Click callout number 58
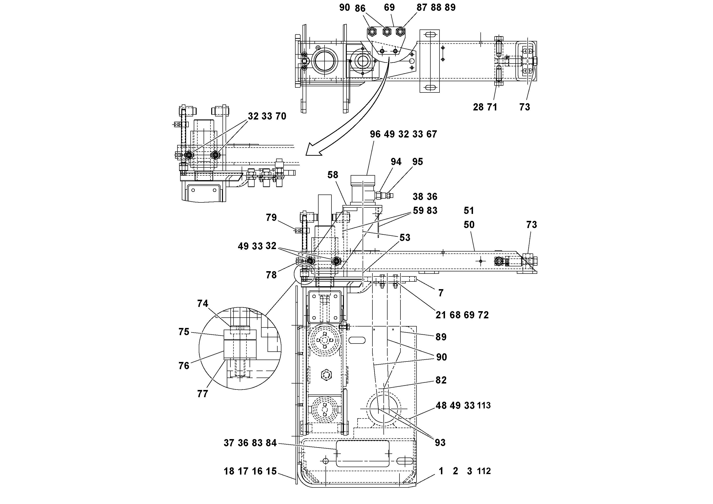pyautogui.click(x=333, y=175)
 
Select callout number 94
pyautogui.click(x=396, y=162)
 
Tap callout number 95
pyautogui.click(x=417, y=162)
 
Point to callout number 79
pyautogui.click(x=271, y=217)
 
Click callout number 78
pyautogui.click(x=271, y=275)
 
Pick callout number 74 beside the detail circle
pyautogui.click(x=202, y=304)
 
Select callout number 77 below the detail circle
pyautogui.click(x=202, y=394)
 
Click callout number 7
pyautogui.click(x=441, y=293)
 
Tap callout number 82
pyautogui.click(x=441, y=380)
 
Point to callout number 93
pyautogui.click(x=440, y=442)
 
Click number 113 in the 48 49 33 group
pyautogui.click(x=484, y=406)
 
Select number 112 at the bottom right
pyautogui.click(x=484, y=471)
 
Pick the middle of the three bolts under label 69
pyautogui.click(x=387, y=31)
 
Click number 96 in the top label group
pyautogui.click(x=375, y=134)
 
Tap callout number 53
pyautogui.click(x=405, y=238)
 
